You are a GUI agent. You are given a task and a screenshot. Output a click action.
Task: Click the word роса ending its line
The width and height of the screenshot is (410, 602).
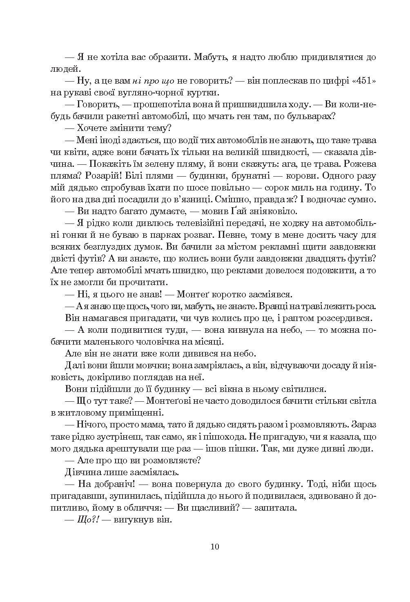point(366,306)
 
